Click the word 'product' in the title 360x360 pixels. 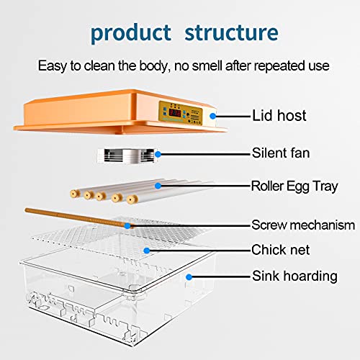(131, 33)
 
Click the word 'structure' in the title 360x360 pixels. (231, 32)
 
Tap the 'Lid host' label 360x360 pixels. (279, 115)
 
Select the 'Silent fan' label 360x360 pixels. (281, 153)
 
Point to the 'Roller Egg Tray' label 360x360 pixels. (294, 186)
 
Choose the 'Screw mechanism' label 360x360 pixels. (303, 225)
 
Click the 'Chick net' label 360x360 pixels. (280, 250)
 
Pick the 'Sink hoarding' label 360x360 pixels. (294, 276)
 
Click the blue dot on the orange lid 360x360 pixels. (212, 116)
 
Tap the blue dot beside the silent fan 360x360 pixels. (158, 154)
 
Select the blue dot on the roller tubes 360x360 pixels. (158, 186)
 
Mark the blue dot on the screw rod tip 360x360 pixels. (127, 225)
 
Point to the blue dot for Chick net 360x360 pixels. (147, 251)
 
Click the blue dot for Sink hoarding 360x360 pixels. (189, 277)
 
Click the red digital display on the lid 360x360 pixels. (175, 112)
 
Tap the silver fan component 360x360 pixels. (127, 156)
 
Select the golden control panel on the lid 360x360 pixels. (181, 113)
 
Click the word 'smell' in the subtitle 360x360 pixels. (207, 66)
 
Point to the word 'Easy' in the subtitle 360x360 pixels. (53, 66)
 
